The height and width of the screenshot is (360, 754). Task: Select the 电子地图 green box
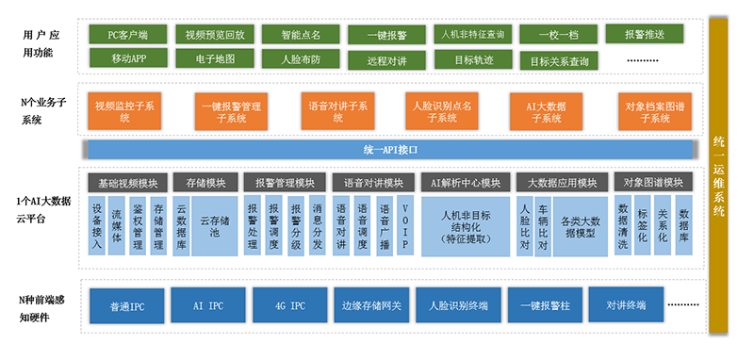click(x=215, y=58)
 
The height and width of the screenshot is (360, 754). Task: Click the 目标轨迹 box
click(x=473, y=58)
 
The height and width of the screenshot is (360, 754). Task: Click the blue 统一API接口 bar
click(x=389, y=150)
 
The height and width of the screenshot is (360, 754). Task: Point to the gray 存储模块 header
click(x=205, y=182)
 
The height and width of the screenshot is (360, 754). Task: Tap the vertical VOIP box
click(x=405, y=226)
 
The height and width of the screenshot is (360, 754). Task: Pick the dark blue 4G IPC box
click(x=289, y=305)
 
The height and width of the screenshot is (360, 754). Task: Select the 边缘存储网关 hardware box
click(x=370, y=305)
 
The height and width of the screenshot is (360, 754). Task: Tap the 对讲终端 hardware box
click(x=626, y=305)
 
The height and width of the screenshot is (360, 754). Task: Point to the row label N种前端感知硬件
click(x=43, y=305)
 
